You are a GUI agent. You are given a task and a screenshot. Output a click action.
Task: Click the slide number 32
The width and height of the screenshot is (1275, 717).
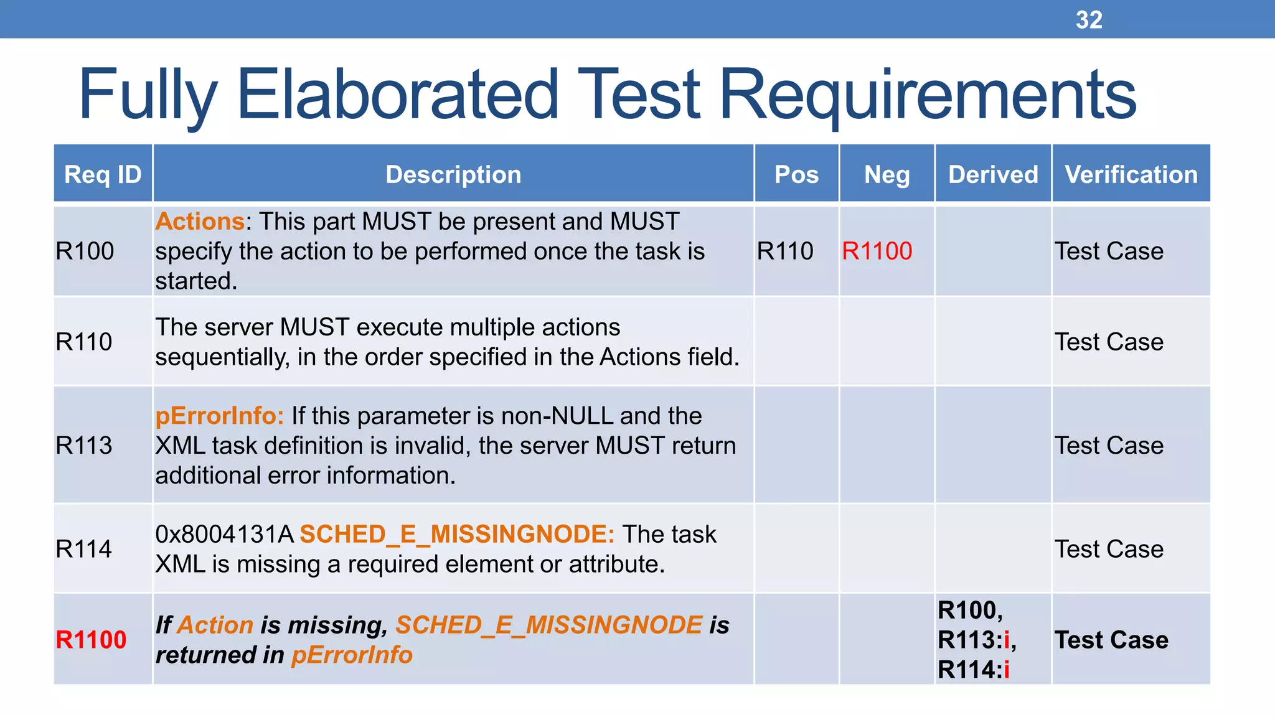[x=1089, y=20]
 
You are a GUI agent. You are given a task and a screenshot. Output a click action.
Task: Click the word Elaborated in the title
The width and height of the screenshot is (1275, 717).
[x=398, y=95]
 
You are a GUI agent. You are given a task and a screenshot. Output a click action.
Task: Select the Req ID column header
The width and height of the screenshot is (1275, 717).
[x=103, y=174]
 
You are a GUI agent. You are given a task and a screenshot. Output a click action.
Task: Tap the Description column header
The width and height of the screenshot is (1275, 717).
[x=453, y=174]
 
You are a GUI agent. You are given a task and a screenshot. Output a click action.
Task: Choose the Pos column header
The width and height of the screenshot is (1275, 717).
[x=796, y=174]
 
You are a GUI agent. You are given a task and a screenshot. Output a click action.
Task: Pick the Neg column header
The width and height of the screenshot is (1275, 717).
[x=887, y=174]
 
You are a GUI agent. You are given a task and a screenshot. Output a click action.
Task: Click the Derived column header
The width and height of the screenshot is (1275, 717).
[x=993, y=174]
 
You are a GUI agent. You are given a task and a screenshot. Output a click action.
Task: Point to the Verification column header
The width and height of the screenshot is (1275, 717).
[x=1131, y=174]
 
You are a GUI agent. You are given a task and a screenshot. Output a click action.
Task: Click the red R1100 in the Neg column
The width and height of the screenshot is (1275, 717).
[x=877, y=251]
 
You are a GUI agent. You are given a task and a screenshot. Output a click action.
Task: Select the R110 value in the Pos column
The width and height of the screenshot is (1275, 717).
[x=785, y=251]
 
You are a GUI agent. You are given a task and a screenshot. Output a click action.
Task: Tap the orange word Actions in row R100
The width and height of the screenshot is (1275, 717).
[x=199, y=222]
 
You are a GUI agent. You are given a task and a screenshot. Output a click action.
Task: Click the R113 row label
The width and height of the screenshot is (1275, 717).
[x=84, y=446]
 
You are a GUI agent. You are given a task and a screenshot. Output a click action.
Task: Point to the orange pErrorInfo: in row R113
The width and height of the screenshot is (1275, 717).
[x=219, y=416]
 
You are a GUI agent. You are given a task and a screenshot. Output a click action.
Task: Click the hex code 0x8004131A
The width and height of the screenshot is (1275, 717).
[x=224, y=534]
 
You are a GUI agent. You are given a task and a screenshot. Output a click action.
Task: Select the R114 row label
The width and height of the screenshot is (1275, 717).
[x=84, y=549]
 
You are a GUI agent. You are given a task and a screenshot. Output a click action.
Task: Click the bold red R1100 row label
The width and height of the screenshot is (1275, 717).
[x=91, y=640]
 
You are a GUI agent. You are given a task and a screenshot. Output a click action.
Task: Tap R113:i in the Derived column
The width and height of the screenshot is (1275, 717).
[x=976, y=640]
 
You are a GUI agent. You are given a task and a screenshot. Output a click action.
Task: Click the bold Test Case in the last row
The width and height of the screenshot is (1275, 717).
[x=1111, y=640]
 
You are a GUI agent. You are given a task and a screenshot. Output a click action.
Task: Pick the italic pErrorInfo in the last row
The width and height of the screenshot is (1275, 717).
[x=352, y=655]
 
